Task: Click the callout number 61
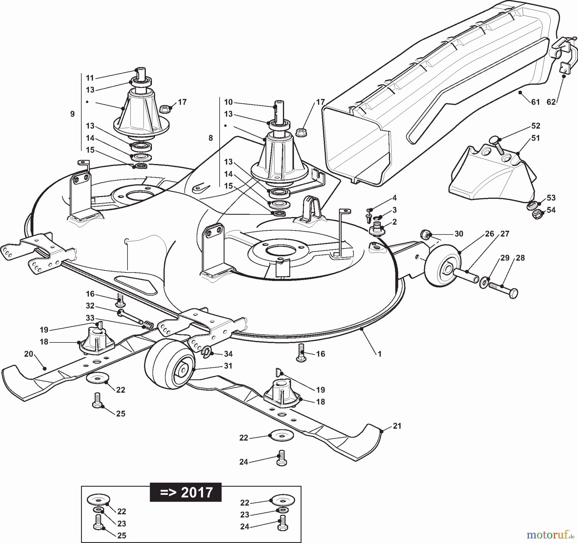click(x=535, y=102)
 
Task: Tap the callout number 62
click(x=551, y=102)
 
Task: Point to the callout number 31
click(x=228, y=366)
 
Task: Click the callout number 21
click(x=397, y=426)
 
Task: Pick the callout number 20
click(x=29, y=354)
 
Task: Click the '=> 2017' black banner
click(x=186, y=492)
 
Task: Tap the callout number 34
click(x=228, y=354)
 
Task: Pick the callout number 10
click(x=228, y=102)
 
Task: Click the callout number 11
click(x=90, y=78)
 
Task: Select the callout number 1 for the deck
click(x=380, y=354)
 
